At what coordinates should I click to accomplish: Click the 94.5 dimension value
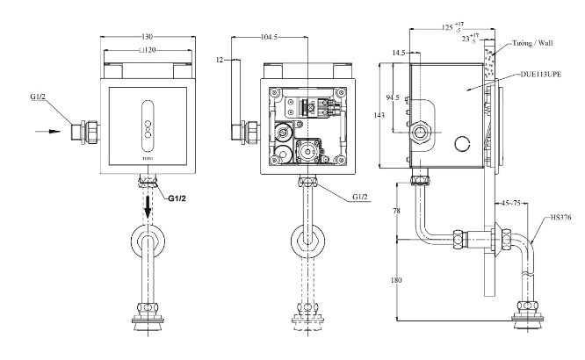tap(392, 99)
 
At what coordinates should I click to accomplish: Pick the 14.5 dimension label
tap(401, 54)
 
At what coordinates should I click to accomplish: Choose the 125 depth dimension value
tap(447, 27)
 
